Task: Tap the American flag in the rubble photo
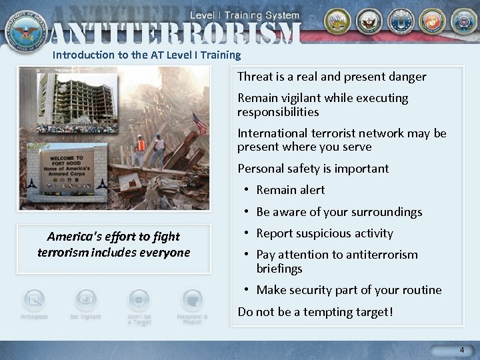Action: point(200,124)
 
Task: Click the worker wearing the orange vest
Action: point(141,148)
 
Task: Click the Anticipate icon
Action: point(34,301)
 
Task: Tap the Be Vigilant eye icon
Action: point(86,300)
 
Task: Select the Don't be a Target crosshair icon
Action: point(139,300)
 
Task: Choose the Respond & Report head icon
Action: point(192,301)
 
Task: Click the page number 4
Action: point(461,350)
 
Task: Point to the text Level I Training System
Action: point(245,15)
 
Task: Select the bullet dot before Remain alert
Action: point(247,190)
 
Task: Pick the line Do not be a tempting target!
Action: point(315,311)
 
